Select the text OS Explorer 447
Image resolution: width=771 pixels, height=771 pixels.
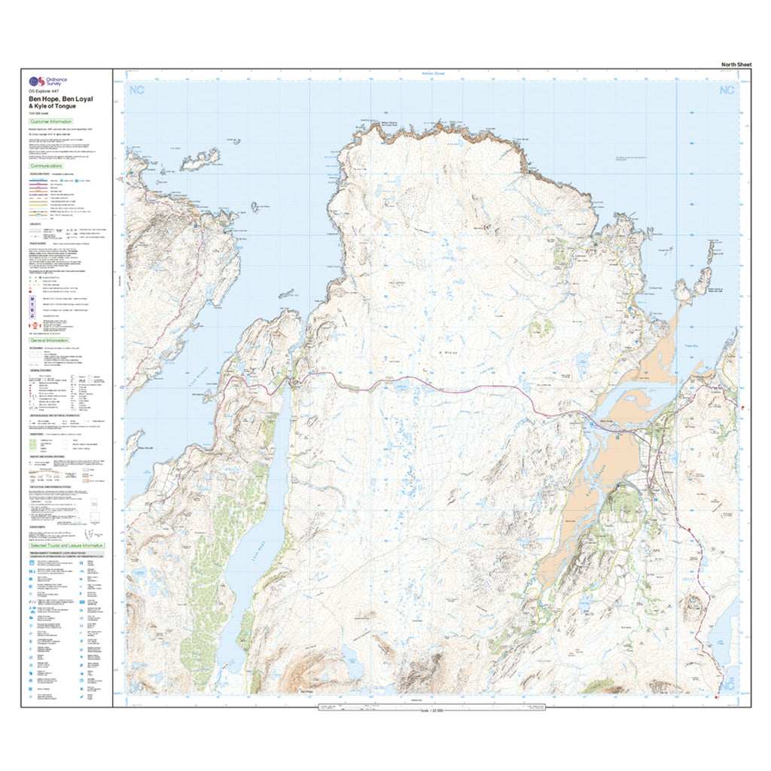click(44, 92)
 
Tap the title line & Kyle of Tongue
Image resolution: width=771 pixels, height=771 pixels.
click(52, 106)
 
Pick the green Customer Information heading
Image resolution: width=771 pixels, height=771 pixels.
click(50, 121)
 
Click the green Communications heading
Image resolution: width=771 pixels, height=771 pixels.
click(47, 165)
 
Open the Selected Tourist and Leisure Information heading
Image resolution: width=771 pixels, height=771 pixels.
click(66, 545)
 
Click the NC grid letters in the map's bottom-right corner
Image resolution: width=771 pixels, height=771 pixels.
click(727, 686)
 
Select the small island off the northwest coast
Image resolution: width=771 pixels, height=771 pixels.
click(199, 159)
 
